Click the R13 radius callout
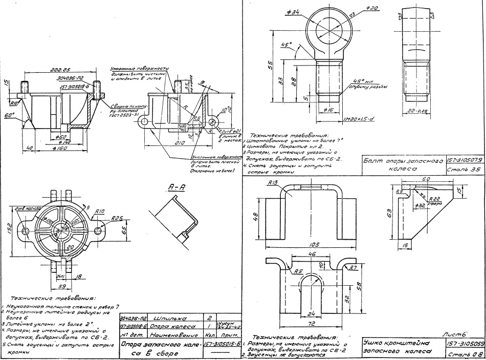point(272,182)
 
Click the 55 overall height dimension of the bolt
point(270,65)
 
